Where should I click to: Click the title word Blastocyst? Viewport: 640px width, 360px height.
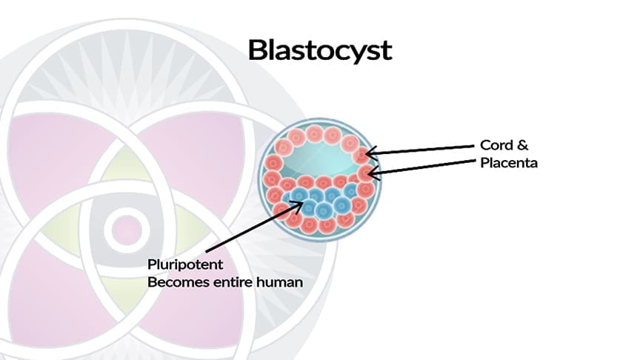[x=319, y=50]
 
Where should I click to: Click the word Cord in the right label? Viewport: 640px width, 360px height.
[x=496, y=146]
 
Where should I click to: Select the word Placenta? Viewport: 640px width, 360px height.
[x=508, y=163]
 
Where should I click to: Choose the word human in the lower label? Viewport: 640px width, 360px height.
[x=279, y=282]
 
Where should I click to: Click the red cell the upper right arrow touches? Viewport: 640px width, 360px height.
[x=361, y=154]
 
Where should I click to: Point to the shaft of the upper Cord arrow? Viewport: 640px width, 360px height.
[x=422, y=150]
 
